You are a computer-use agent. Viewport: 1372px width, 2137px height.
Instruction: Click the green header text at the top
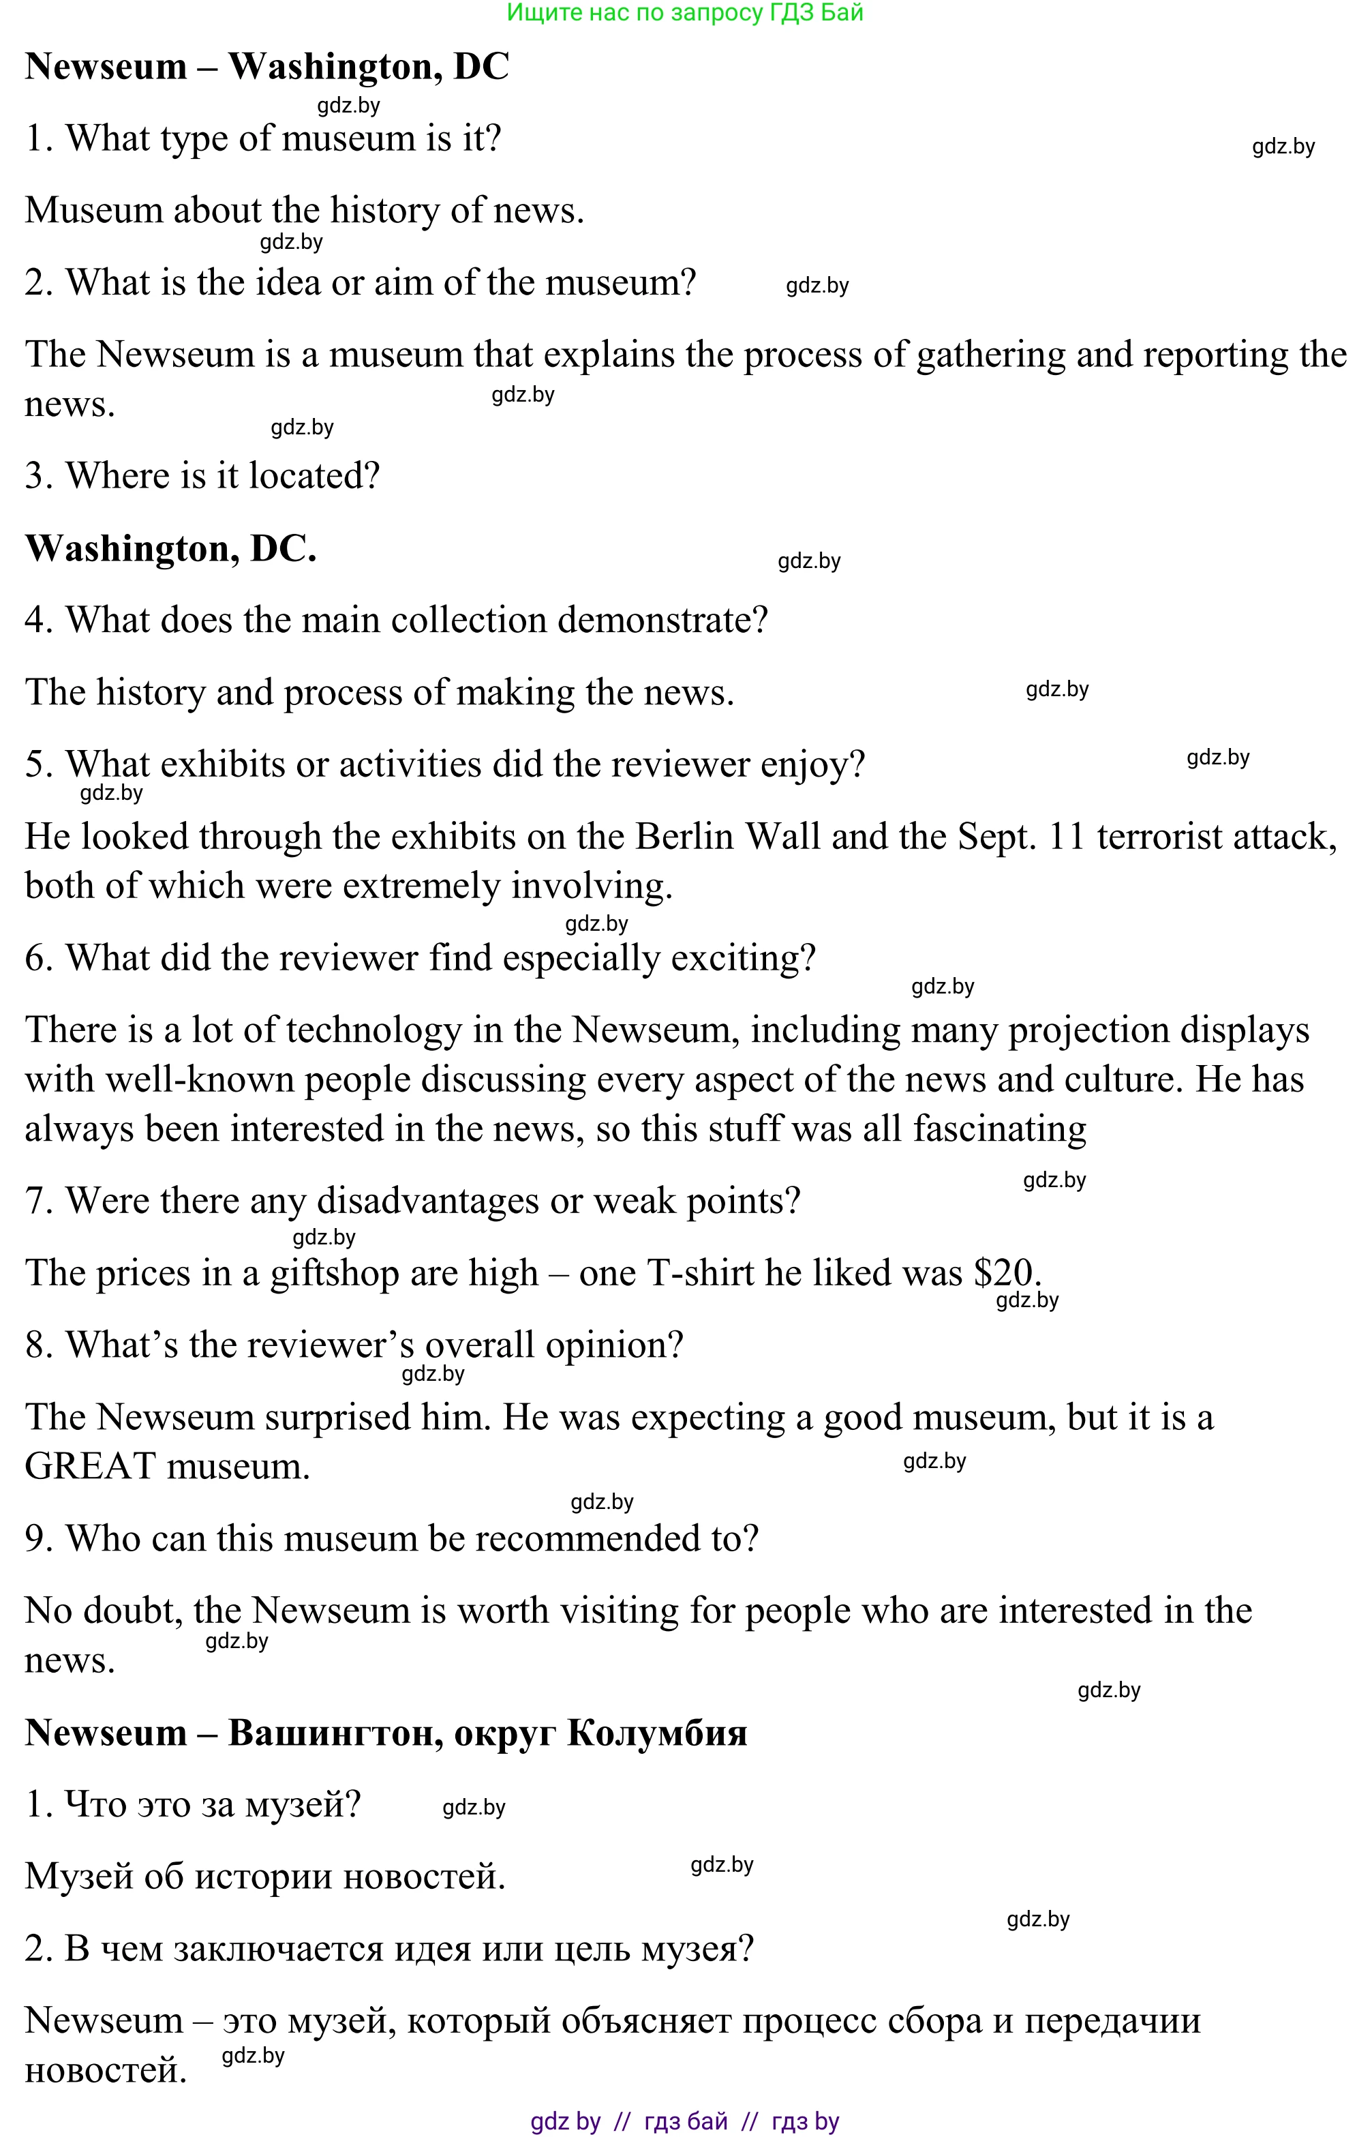[x=684, y=12]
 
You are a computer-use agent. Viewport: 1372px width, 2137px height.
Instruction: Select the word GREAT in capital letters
[x=92, y=1467]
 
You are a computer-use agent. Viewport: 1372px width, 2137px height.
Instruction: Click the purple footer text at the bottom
[x=684, y=2121]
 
